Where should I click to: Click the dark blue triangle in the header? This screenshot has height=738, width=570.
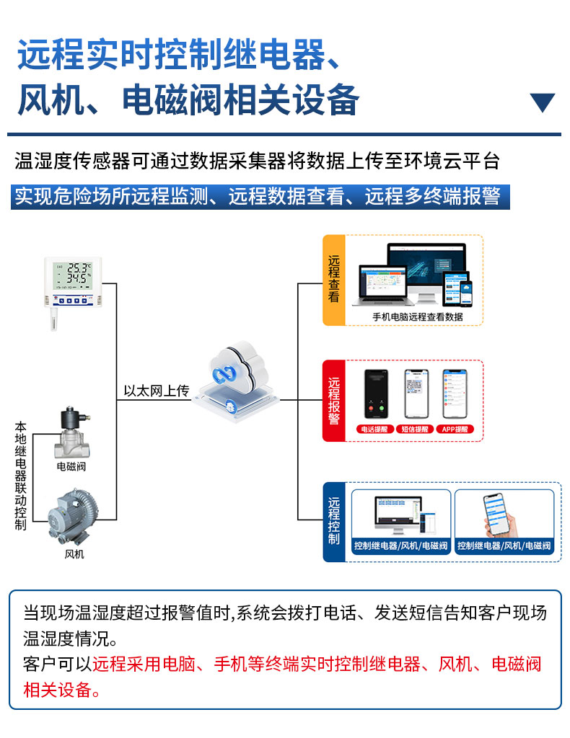click(542, 102)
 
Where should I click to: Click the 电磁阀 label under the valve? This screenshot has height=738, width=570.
click(71, 466)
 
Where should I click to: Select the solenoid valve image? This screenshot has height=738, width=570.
click(71, 433)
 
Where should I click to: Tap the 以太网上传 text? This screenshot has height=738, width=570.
click(156, 391)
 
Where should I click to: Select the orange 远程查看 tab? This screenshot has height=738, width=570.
click(333, 279)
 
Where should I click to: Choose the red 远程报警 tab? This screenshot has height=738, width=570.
click(333, 401)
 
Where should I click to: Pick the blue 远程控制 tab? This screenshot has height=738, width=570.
click(333, 522)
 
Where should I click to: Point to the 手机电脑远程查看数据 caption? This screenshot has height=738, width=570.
click(417, 316)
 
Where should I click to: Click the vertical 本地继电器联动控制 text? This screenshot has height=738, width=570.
click(20, 476)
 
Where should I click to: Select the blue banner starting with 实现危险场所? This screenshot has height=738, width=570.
click(260, 197)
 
